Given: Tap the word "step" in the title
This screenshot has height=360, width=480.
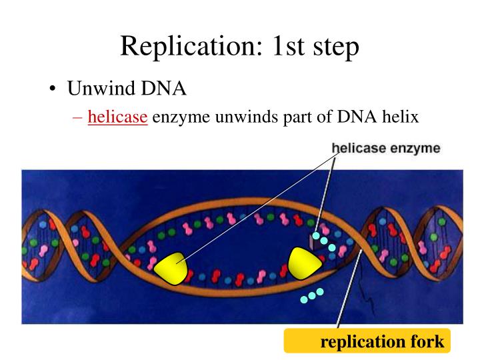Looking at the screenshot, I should pyautogui.click(x=335, y=45).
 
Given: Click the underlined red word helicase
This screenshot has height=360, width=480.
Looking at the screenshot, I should pyautogui.click(x=117, y=118).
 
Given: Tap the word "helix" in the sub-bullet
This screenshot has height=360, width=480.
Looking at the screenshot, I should pyautogui.click(x=399, y=118).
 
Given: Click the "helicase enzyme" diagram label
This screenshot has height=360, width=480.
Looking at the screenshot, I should pyautogui.click(x=386, y=148).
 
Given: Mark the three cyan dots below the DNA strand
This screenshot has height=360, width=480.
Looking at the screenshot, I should pyautogui.click(x=311, y=295).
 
